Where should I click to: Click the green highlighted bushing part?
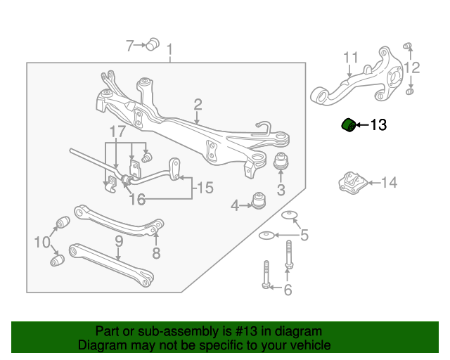point(347,124)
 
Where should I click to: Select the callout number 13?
point(378,126)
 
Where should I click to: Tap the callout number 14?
point(389,183)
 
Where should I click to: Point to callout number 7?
point(129,46)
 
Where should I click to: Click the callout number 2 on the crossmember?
point(198,104)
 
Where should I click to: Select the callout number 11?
point(351,57)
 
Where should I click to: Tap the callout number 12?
point(412,68)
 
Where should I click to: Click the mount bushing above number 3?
point(281,162)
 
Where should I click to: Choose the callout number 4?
point(235,205)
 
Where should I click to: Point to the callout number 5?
point(304,236)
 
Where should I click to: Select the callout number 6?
point(287,290)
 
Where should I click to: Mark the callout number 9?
point(119,241)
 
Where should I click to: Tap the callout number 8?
point(156,252)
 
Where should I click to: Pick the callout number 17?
point(117,131)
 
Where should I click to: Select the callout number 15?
point(204,188)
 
